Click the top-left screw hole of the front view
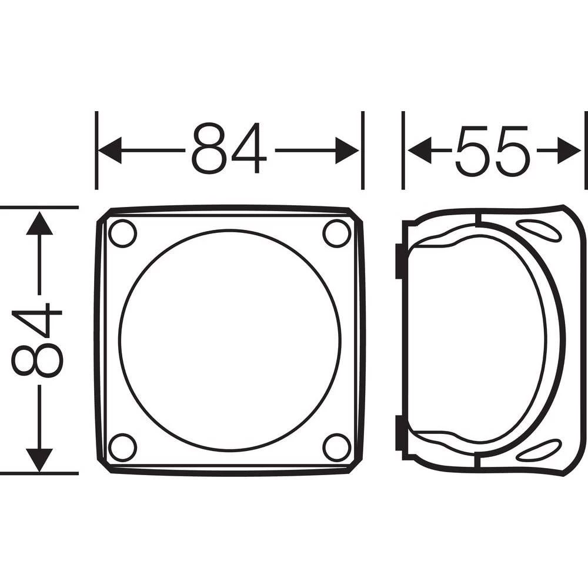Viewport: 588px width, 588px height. click(x=123, y=233)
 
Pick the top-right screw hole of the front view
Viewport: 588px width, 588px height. click(x=337, y=233)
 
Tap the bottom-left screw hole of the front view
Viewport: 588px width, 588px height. click(x=123, y=447)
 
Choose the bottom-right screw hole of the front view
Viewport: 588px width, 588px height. click(x=337, y=447)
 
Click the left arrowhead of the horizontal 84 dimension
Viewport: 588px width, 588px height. click(x=109, y=151)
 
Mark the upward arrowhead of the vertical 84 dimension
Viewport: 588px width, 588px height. click(x=39, y=224)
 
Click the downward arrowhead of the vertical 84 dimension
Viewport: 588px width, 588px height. click(x=39, y=459)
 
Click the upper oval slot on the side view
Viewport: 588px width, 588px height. click(x=539, y=230)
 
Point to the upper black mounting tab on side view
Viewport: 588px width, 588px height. click(x=399, y=261)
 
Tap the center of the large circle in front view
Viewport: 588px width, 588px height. click(x=230, y=340)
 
